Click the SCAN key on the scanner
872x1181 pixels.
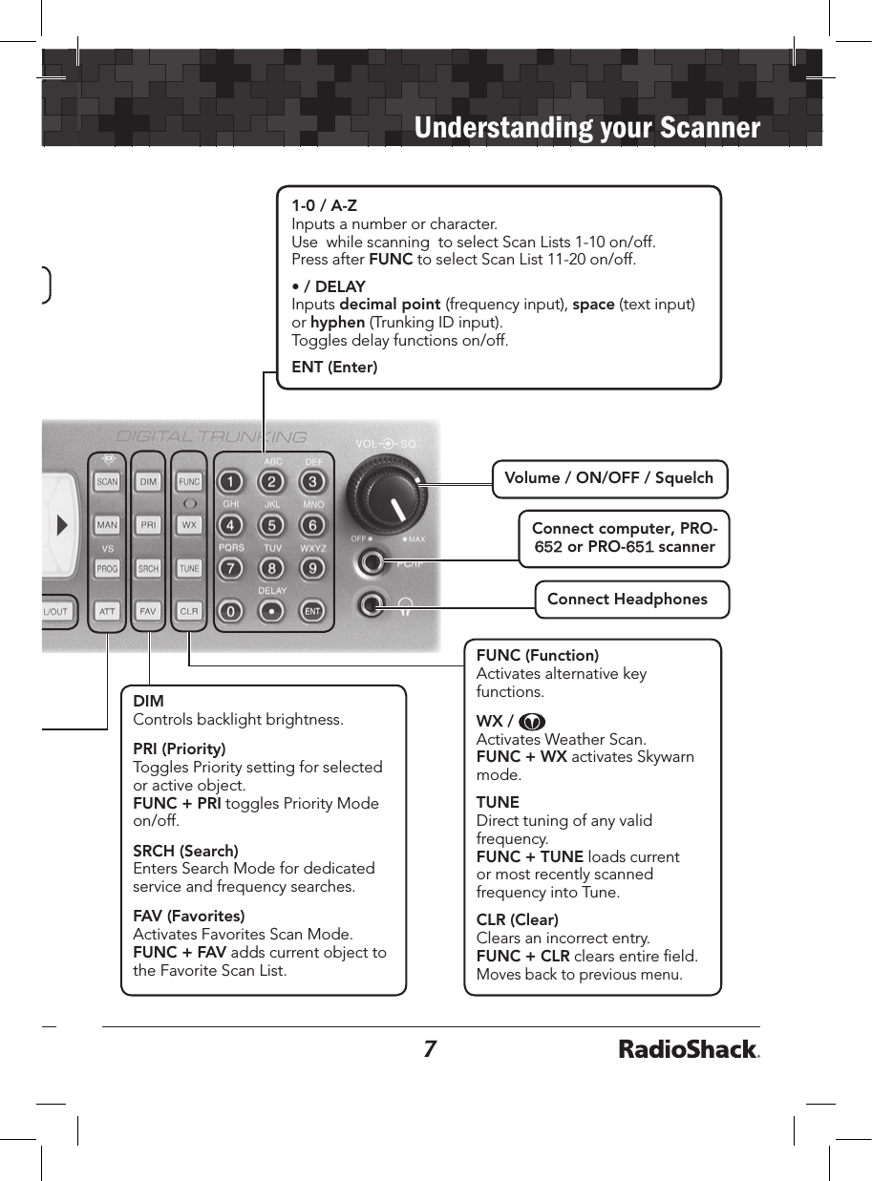tap(107, 482)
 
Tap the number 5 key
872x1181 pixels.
tap(272, 525)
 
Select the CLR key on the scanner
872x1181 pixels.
tap(189, 611)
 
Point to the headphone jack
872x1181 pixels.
tap(372, 604)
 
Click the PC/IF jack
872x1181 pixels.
tap(372, 562)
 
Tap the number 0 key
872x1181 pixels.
tap(230, 610)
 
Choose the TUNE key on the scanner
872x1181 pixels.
tap(189, 569)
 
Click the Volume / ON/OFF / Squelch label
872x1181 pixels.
tap(609, 478)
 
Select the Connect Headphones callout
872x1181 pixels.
tap(627, 600)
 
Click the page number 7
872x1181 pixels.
tap(430, 1050)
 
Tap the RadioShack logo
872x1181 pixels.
tap(689, 1050)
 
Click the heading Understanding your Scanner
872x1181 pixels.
tap(587, 129)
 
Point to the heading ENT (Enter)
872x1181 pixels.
tap(334, 368)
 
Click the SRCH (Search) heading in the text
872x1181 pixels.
tap(185, 851)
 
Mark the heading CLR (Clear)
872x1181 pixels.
tap(517, 920)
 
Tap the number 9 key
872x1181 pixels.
tap(312, 569)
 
